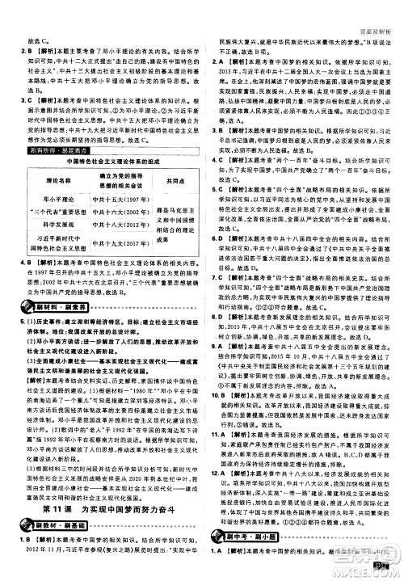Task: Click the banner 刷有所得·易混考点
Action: [x=49, y=149]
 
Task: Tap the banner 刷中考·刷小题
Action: [x=250, y=553]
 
